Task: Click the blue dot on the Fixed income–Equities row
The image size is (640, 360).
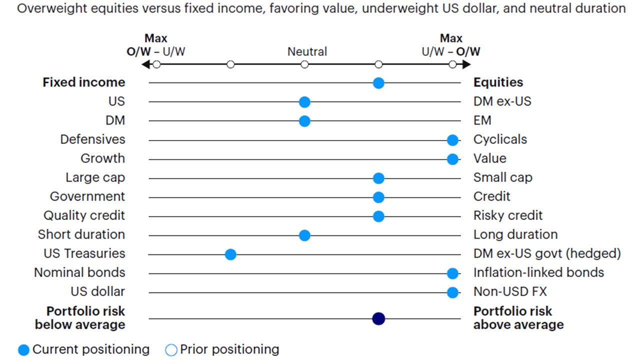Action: (378, 83)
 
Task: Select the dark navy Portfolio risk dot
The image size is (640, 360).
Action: (378, 318)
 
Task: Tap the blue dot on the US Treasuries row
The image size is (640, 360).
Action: (230, 254)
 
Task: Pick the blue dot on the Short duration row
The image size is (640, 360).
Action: (304, 235)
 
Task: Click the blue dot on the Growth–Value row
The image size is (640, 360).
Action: (452, 159)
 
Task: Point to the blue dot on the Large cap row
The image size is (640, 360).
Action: (378, 178)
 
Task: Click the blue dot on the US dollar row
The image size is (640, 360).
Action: (452, 292)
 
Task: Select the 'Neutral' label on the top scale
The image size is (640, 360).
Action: (307, 51)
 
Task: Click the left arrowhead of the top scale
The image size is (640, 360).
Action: (145, 64)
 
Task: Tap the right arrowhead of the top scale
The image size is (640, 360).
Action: (466, 64)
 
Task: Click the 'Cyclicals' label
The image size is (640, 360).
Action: (500, 139)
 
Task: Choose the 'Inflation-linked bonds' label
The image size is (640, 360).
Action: (538, 272)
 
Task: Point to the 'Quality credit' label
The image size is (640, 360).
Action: (84, 215)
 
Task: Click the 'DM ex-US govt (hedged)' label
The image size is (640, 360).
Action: (547, 253)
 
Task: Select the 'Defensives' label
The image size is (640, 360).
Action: (92, 139)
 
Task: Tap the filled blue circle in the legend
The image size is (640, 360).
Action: (23, 350)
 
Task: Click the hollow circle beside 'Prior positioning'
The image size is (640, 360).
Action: (171, 350)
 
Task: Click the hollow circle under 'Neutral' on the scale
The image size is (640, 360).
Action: (304, 64)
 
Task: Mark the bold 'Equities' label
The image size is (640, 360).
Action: (498, 82)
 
